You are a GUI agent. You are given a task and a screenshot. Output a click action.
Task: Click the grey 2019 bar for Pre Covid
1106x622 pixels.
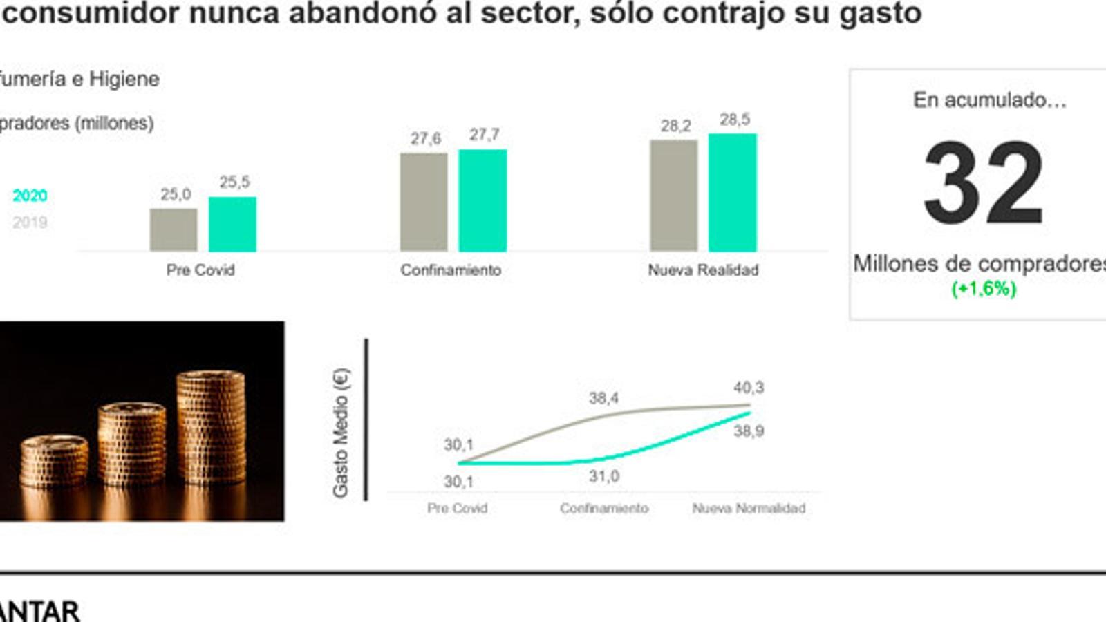click(174, 230)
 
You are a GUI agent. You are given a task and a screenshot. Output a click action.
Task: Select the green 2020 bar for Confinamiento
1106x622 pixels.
click(482, 200)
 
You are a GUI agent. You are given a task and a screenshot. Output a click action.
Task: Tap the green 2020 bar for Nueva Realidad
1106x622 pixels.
click(733, 193)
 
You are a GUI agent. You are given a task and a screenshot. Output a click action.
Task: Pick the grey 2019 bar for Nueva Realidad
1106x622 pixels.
click(674, 196)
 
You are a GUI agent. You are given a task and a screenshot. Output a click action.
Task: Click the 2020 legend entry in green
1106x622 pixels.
click(30, 196)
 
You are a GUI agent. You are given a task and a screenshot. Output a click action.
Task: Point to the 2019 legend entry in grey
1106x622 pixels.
click(30, 223)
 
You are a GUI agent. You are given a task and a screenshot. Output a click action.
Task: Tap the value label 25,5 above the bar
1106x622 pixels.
click(234, 182)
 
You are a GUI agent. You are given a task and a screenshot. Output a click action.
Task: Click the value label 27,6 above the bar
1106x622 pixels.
click(425, 138)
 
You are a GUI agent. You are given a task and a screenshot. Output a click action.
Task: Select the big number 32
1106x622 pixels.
click(983, 183)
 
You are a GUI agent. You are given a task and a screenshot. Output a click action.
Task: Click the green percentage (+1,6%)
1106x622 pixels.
click(984, 288)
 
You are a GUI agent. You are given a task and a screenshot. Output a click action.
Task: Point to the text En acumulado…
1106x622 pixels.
click(989, 100)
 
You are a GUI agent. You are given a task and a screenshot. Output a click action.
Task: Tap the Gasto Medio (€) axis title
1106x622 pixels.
click(341, 432)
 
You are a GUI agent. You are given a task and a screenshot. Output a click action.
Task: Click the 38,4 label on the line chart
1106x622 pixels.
click(603, 398)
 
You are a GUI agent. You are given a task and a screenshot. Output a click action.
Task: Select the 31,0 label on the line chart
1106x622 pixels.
click(603, 476)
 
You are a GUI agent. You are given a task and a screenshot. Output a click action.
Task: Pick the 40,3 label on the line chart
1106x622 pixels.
click(749, 388)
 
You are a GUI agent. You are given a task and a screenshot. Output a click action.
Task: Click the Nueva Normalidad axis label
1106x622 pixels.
click(749, 509)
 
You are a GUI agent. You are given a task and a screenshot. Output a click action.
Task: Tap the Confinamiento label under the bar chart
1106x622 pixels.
click(451, 270)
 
